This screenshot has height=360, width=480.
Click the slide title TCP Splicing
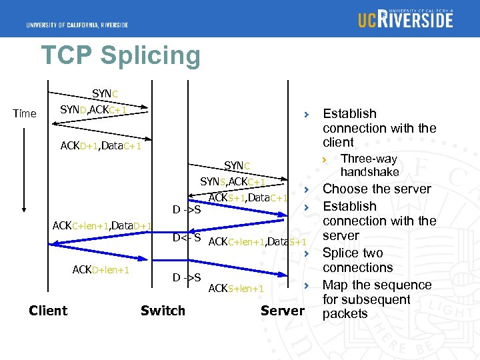(120, 56)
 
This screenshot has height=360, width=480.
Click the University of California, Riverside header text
(77, 25)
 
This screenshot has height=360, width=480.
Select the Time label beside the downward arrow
(25, 113)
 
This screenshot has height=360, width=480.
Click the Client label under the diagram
(48, 311)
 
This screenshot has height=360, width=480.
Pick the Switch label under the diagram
(163, 311)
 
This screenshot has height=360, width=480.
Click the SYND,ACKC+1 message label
(93, 109)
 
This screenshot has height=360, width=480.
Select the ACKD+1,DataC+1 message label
(101, 145)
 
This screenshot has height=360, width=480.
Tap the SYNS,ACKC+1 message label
(233, 182)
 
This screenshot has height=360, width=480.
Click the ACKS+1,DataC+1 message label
(248, 197)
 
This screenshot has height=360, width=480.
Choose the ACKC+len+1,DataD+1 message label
(103, 226)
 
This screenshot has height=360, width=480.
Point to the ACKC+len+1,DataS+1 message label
(257, 241)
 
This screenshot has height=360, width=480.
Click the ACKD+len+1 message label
(101, 269)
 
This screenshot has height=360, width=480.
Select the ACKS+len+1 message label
(237, 289)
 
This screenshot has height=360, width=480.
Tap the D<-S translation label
(187, 238)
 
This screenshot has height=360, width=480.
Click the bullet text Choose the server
(377, 189)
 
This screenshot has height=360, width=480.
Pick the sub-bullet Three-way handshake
(369, 165)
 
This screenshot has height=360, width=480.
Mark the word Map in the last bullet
(337, 285)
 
